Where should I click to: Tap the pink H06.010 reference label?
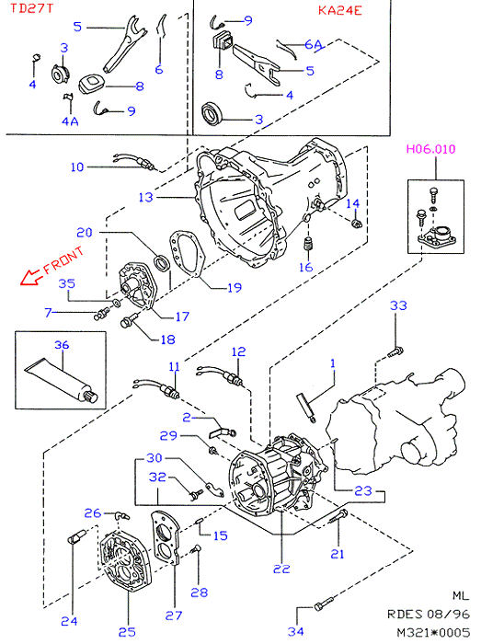pyautogui.click(x=431, y=149)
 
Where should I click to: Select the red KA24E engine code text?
pyautogui.click(x=339, y=10)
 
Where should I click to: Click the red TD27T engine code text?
pyautogui.click(x=31, y=8)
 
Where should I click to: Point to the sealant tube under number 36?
pyautogui.click(x=62, y=380)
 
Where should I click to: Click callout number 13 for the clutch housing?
pyautogui.click(x=145, y=197)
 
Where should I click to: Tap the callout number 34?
pyautogui.click(x=295, y=631)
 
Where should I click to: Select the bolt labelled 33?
pyautogui.click(x=395, y=351)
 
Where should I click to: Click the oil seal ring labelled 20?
pyautogui.click(x=161, y=262)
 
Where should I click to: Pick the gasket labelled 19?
pyautogui.click(x=186, y=256)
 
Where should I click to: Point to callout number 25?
pyautogui.click(x=127, y=632)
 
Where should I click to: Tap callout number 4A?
pyautogui.click(x=70, y=121)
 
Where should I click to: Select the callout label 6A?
pyautogui.click(x=313, y=43)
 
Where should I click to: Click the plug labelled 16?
pyautogui.click(x=307, y=244)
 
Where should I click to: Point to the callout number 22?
pyautogui.click(x=281, y=569)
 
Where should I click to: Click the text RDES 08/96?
pyautogui.click(x=428, y=614)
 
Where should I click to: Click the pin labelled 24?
pyautogui.click(x=76, y=536)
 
